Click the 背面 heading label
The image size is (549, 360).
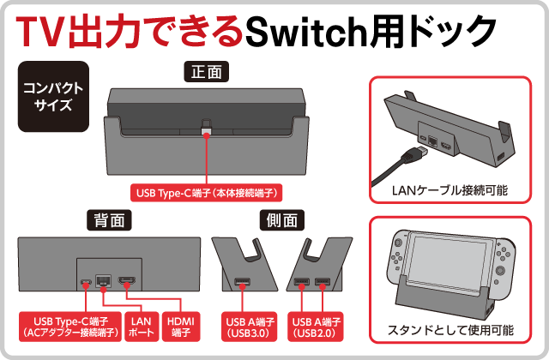[110, 219]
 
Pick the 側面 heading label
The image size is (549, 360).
[281, 219]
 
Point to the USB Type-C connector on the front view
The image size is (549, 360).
[207, 129]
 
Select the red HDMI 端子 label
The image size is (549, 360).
[179, 326]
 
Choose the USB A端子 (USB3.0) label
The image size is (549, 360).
[245, 326]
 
